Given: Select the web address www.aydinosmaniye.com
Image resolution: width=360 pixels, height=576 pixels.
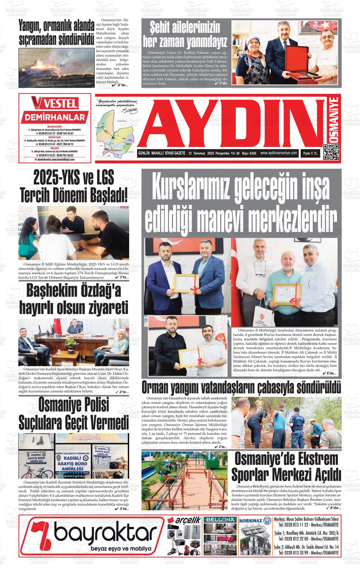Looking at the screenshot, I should point(279,153).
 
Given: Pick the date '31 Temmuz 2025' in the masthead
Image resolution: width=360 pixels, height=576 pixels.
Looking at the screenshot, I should point(201,154).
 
